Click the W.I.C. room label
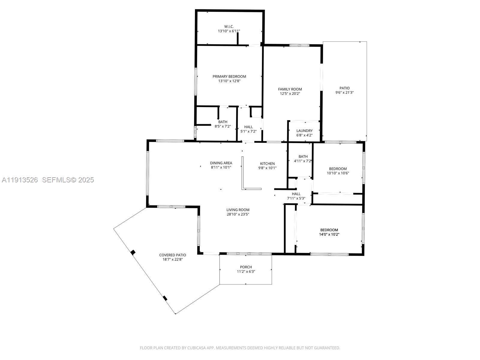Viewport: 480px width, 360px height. [x=229, y=27]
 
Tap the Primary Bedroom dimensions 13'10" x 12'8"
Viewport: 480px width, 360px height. [x=229, y=81]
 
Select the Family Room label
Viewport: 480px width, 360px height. [x=290, y=89]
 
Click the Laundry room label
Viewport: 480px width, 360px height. [x=304, y=131]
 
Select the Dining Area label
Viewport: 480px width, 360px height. [x=221, y=163]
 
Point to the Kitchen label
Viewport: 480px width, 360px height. [x=267, y=163]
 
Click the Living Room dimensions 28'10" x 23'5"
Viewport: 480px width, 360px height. [x=238, y=214]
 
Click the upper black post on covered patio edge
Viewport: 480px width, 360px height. [x=133, y=252]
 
